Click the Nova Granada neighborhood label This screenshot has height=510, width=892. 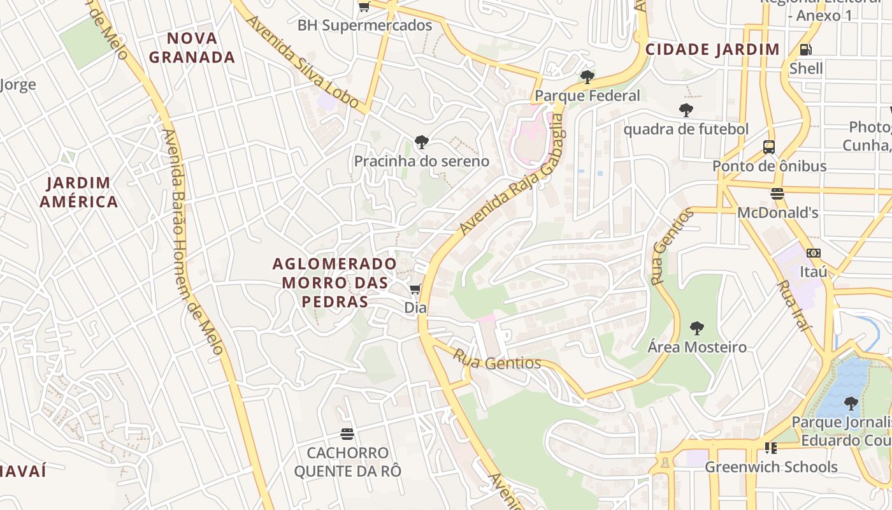click(x=192, y=48)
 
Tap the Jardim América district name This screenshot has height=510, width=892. click(x=79, y=193)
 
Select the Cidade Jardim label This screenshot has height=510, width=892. click(x=712, y=50)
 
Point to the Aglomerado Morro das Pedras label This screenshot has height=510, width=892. click(x=334, y=282)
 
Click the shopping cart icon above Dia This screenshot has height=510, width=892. click(x=415, y=290)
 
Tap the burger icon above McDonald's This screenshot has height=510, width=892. click(x=777, y=194)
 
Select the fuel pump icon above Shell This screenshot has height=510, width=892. click(x=805, y=50)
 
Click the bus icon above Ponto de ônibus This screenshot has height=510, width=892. click(x=769, y=147)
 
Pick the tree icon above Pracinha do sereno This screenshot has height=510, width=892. click(x=421, y=142)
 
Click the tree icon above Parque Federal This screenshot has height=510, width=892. click(x=587, y=77)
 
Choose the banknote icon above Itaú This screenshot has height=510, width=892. click(x=813, y=253)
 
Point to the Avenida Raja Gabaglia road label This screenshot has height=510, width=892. click(x=512, y=181)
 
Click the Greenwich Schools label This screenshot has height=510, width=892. click(x=771, y=467)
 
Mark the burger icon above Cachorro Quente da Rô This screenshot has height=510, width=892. click(x=347, y=434)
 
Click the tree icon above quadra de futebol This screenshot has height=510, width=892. click(x=686, y=110)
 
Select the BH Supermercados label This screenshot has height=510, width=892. click(x=364, y=25)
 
